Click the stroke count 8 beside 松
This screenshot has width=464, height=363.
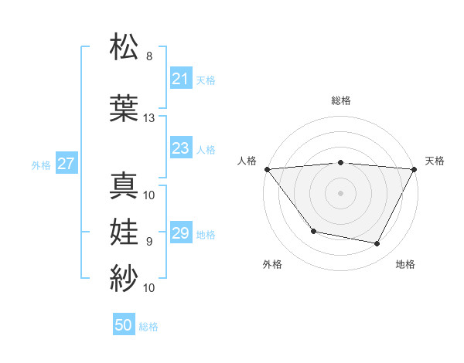pyautogui.click(x=149, y=56)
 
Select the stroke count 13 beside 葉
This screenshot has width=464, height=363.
pyautogui.click(x=149, y=118)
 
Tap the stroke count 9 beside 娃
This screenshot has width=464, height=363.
pyautogui.click(x=149, y=242)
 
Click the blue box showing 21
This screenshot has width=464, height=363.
pyautogui.click(x=180, y=79)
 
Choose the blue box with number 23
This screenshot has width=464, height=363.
pyautogui.click(x=180, y=148)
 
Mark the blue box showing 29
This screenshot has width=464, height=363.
pyautogui.click(x=180, y=233)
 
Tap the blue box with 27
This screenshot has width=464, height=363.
pyautogui.click(x=66, y=164)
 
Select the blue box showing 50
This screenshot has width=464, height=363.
pyautogui.click(x=124, y=326)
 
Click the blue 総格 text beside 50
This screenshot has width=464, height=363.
pyautogui.click(x=148, y=327)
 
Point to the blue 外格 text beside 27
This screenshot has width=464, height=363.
pyautogui.click(x=41, y=165)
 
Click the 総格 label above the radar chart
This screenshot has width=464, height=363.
pyautogui.click(x=340, y=100)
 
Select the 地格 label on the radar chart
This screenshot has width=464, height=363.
pyautogui.click(x=405, y=264)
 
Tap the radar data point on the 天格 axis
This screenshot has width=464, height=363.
pyautogui.click(x=414, y=169)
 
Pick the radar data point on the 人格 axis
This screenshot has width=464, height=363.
pyautogui.click(x=267, y=169)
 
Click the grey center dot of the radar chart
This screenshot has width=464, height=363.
pyautogui.click(x=340, y=193)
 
